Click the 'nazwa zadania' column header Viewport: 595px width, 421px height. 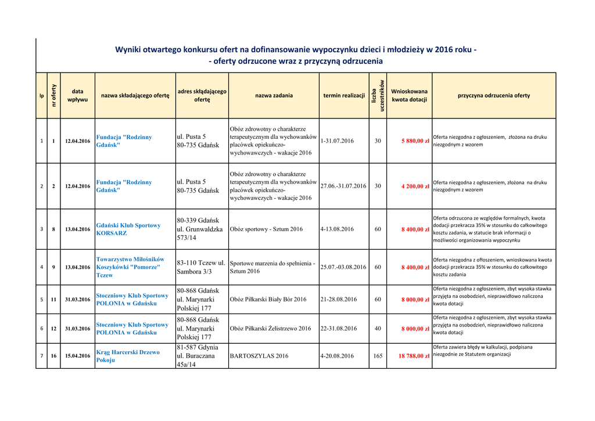[274, 96]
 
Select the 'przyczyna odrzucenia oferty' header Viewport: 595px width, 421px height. [493, 96]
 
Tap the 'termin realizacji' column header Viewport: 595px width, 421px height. [344, 96]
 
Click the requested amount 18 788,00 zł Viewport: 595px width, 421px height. [414, 356]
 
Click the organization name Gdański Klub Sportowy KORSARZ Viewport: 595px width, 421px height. [128, 229]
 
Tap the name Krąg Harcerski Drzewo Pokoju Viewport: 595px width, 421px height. [127, 356]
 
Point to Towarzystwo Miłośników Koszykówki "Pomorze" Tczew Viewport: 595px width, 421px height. [130, 267]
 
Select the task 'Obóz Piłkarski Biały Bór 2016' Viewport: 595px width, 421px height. [268, 300]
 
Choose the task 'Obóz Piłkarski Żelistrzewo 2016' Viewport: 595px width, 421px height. [270, 329]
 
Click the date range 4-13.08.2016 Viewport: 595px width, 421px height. [337, 229]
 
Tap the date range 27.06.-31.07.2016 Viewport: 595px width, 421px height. [343, 186]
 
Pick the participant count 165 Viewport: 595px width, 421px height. [378, 356]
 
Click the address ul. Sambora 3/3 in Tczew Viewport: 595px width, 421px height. [201, 267]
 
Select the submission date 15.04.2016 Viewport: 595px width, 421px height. [78, 356]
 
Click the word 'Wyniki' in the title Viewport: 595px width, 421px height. [131, 50]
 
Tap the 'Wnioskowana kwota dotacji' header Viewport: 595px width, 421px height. [409, 96]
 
